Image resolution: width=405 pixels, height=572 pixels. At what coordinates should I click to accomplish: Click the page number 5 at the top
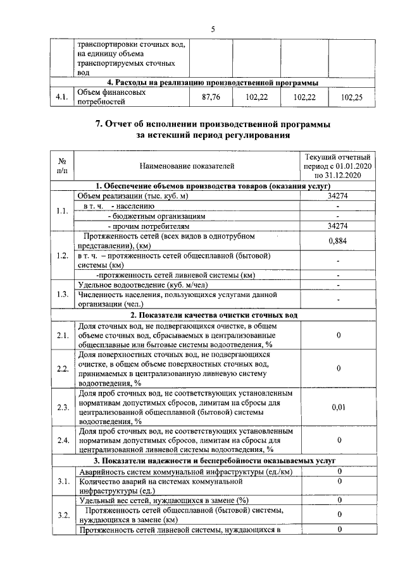click(213, 29)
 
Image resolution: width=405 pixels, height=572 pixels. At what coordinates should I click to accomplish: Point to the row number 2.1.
click(62, 335)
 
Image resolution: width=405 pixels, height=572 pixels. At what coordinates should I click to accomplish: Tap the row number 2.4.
click(62, 440)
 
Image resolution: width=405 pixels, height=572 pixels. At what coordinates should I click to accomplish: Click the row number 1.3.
click(62, 294)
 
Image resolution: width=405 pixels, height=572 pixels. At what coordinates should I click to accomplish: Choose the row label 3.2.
click(62, 515)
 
